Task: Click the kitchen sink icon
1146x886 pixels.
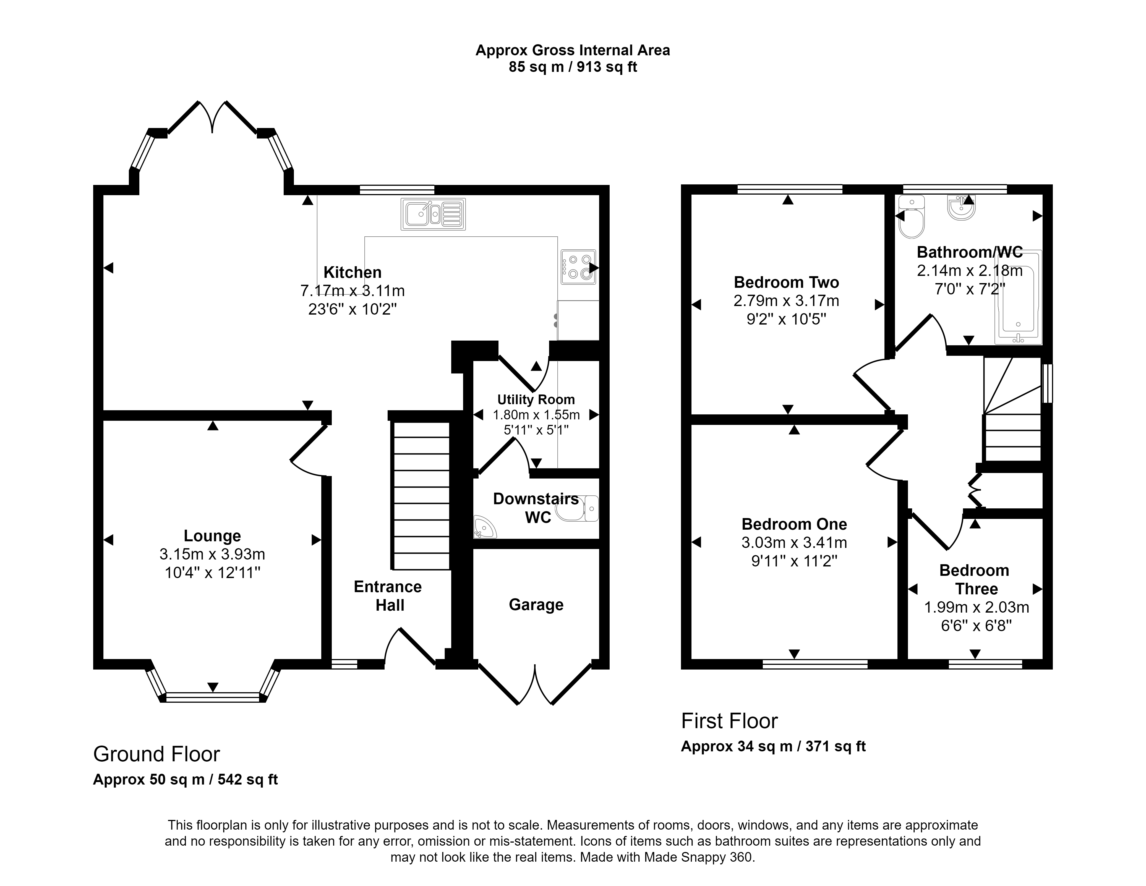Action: [x=433, y=214]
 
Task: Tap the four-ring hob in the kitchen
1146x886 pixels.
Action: [x=578, y=266]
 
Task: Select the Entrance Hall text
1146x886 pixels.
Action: [x=388, y=596]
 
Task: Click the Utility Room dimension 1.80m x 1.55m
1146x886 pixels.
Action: [x=536, y=415]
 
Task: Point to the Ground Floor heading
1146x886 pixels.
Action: [x=156, y=754]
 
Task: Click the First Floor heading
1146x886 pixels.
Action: [x=729, y=721]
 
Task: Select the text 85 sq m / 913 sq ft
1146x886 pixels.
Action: [x=573, y=67]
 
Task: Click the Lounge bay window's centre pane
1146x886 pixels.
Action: [x=213, y=697]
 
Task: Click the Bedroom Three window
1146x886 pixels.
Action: [x=985, y=664]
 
